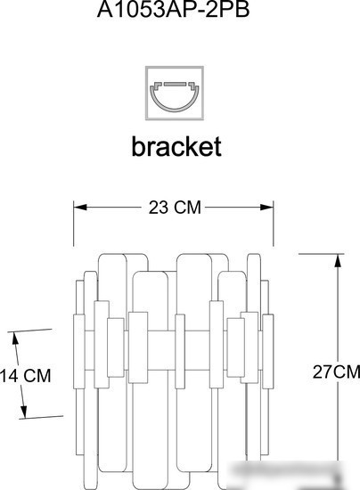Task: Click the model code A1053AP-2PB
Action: point(173,10)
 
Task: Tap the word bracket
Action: point(176,146)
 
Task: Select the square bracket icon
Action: point(175,93)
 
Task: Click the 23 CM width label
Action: point(175,208)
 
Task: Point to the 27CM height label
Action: point(336,372)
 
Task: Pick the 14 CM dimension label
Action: point(25,375)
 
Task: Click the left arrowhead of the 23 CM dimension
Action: point(80,208)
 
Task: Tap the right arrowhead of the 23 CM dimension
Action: point(266,208)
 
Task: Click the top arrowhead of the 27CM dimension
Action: point(338,261)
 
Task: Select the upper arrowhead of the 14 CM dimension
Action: point(15,339)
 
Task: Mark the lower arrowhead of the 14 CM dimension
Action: point(23,412)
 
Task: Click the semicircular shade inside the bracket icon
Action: point(175,100)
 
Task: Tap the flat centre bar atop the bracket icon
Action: point(175,84)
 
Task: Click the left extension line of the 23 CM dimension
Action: point(74,224)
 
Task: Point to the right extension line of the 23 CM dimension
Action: point(274,224)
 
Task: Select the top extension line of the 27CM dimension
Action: point(322,254)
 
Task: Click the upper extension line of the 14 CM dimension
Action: point(29,331)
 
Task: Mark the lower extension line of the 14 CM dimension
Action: point(41,417)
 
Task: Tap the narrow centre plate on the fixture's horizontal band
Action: point(180,352)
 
